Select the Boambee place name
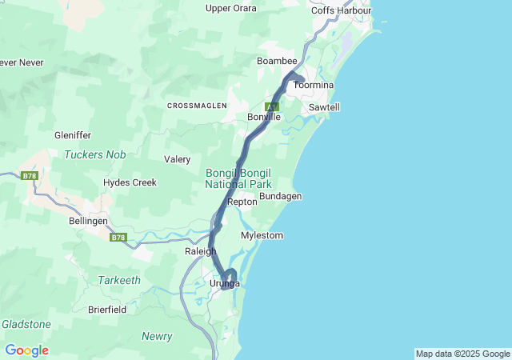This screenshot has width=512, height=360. pyautogui.click(x=277, y=61)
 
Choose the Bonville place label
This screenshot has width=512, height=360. pyautogui.click(x=264, y=117)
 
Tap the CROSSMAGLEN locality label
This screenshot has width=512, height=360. pyautogui.click(x=197, y=106)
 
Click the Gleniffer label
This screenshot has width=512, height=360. pyautogui.click(x=73, y=135)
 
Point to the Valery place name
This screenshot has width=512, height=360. pyautogui.click(x=177, y=159)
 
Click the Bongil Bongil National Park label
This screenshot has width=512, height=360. pyautogui.click(x=238, y=178)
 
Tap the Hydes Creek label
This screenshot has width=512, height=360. pyautogui.click(x=130, y=182)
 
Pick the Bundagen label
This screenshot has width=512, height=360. pyautogui.click(x=280, y=196)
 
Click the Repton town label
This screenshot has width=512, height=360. pyautogui.click(x=242, y=202)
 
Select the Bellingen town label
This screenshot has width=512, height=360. pyautogui.click(x=88, y=220)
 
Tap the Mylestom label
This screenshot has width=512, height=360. pyautogui.click(x=262, y=236)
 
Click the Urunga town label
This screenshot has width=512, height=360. pyautogui.click(x=225, y=284)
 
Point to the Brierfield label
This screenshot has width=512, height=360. pyautogui.click(x=108, y=309)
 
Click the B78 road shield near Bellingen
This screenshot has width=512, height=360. pyautogui.click(x=118, y=237)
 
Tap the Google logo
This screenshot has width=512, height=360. pyautogui.click(x=26, y=350)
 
